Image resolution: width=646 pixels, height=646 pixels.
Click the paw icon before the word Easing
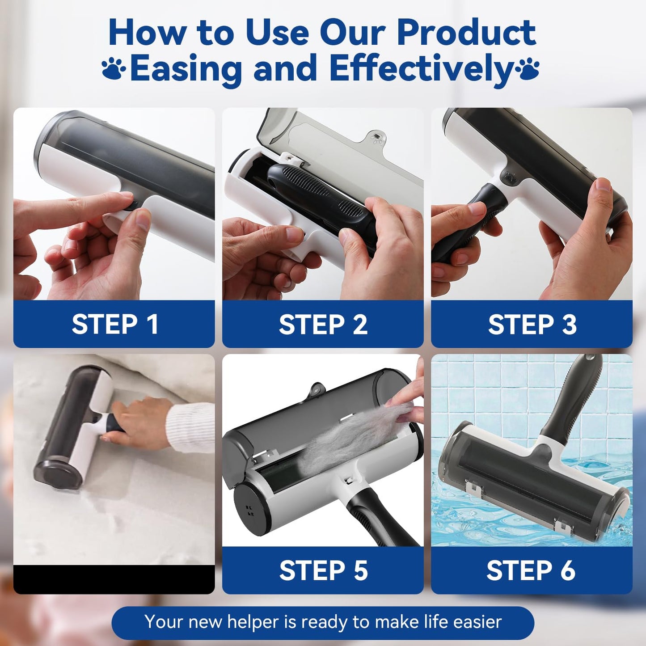(114, 69)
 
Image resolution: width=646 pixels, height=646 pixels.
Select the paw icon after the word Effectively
(528, 69)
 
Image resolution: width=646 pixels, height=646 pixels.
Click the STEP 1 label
(114, 324)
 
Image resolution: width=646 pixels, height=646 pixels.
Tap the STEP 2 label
(323, 324)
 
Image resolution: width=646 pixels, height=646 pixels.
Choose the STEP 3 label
(532, 324)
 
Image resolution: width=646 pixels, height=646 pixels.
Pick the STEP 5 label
(323, 570)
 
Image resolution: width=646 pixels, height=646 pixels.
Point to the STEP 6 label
(531, 570)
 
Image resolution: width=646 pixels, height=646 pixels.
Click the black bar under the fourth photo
(114, 579)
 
